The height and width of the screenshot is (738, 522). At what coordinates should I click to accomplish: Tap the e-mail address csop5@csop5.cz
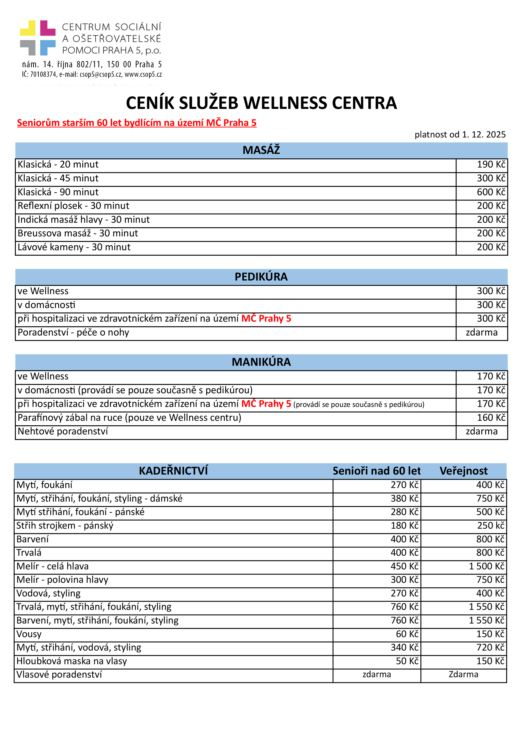click(101, 74)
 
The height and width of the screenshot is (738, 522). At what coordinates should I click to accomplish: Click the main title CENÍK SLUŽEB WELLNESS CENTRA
click(261, 103)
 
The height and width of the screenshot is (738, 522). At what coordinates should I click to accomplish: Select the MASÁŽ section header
click(261, 150)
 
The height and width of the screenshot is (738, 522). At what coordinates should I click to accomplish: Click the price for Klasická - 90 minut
click(491, 192)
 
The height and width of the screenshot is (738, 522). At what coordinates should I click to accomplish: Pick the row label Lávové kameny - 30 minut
click(74, 247)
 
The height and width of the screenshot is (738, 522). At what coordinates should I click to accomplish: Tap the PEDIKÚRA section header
click(261, 277)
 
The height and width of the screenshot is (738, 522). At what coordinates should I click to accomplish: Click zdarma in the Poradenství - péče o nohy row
click(481, 332)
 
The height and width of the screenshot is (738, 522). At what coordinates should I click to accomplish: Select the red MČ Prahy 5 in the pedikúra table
click(266, 319)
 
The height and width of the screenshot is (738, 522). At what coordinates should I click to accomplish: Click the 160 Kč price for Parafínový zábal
click(491, 418)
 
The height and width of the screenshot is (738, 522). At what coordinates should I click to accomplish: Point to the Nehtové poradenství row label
click(63, 431)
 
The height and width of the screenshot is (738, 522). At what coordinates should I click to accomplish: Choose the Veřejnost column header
click(463, 471)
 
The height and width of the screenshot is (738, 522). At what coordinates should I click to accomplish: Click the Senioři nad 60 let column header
click(376, 471)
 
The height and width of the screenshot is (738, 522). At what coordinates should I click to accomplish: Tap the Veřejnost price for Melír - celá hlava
click(486, 566)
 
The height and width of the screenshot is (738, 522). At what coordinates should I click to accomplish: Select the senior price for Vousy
click(407, 634)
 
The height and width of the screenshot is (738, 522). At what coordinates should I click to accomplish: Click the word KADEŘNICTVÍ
click(173, 471)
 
